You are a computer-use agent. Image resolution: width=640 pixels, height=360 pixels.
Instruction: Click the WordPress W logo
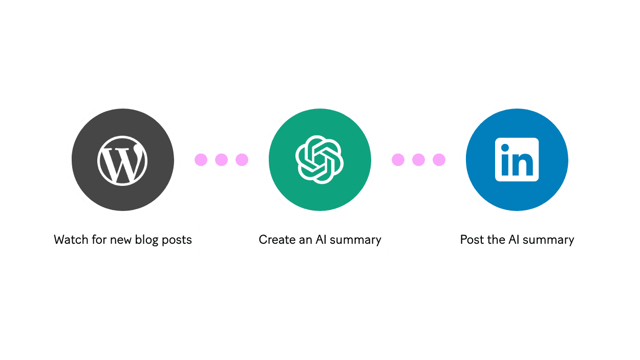122,160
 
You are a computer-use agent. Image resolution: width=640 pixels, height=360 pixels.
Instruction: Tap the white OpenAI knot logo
319,159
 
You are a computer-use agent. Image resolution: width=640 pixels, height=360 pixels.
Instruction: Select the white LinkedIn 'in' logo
517,159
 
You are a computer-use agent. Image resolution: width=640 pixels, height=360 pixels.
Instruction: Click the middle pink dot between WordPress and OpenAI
221,160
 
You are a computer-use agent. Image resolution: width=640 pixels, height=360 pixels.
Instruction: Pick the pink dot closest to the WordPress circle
201,160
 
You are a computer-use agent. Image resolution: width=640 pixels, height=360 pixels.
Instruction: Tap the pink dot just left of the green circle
242,160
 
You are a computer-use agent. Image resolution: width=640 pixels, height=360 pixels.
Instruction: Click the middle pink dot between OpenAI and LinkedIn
418,160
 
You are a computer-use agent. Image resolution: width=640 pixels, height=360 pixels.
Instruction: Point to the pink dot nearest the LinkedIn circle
439,160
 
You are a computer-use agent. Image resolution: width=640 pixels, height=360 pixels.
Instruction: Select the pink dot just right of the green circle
398,160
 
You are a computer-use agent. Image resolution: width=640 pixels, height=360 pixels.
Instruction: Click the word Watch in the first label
70,240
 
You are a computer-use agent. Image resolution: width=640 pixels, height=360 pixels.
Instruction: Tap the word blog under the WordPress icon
146,240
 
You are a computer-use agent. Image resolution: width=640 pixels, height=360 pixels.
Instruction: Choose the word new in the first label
121,240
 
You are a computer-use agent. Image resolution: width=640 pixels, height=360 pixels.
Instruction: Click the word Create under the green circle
277,240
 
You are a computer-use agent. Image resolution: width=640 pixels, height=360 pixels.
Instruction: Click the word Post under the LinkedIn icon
472,240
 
